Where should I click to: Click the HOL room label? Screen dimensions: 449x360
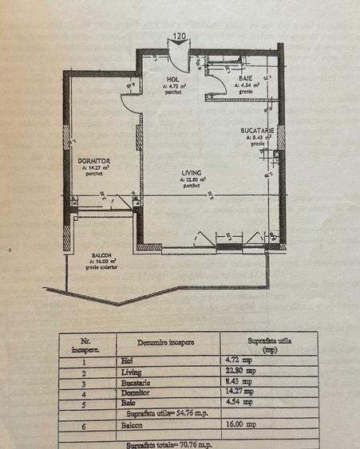tap(172, 79)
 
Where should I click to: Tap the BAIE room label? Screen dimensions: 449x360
tap(244, 78)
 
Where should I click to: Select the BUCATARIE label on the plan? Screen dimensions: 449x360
tap(257, 129)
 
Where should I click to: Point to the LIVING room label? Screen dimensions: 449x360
tap(191, 172)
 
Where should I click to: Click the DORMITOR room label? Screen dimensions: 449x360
tap(93, 161)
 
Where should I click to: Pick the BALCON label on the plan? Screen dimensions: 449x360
tap(101, 254)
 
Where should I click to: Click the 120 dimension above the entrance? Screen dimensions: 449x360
tap(180, 36)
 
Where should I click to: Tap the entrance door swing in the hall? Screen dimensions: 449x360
tap(180, 60)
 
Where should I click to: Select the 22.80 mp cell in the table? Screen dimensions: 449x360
tap(240, 370)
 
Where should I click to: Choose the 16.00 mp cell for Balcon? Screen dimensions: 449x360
tap(240, 425)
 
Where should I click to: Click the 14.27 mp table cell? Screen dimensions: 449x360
tap(240, 392)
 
